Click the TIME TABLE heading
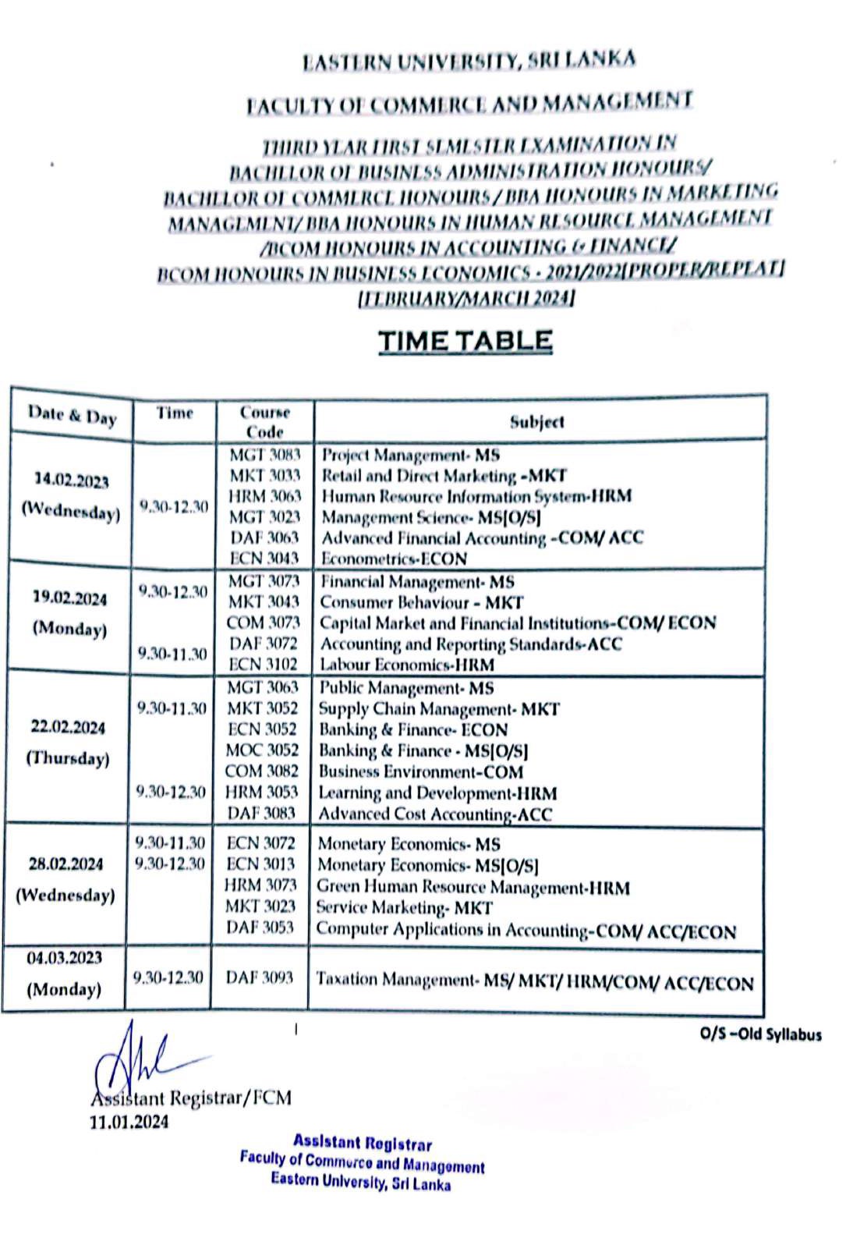coord(465,341)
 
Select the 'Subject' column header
coord(536,422)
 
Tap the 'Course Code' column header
coord(264,421)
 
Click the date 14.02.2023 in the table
coord(71,481)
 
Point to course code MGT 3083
coord(264,454)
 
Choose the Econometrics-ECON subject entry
coord(394,559)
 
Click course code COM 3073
coord(263,622)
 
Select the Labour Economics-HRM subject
coord(406,665)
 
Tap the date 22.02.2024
coord(68,727)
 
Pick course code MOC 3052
coord(262,750)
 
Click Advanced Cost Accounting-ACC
coord(434,814)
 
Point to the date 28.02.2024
coord(65,864)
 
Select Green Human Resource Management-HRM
coord(473,887)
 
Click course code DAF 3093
coord(260,977)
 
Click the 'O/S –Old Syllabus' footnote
coord(760,1034)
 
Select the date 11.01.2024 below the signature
coord(129,1122)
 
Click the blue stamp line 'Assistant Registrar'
coord(362,1143)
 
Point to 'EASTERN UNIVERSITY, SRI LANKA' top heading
coord(469,61)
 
